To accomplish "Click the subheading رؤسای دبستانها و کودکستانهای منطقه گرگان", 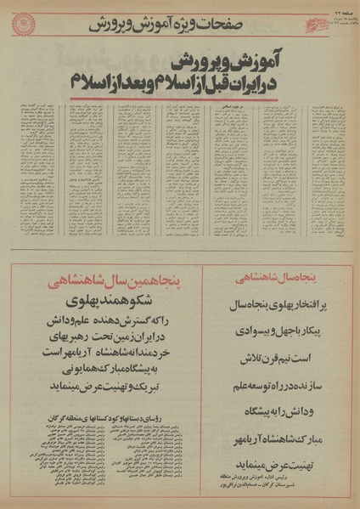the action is pos(119,430).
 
